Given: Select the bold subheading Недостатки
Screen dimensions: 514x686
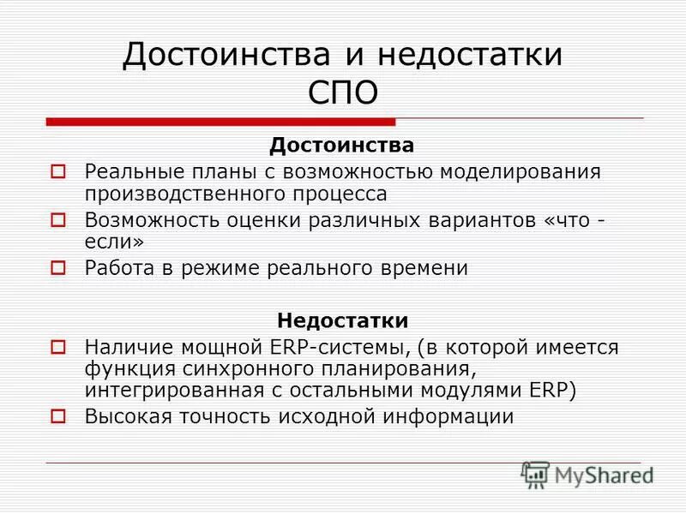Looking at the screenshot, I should [342, 320].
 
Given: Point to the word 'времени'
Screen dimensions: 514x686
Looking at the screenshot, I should [425, 267].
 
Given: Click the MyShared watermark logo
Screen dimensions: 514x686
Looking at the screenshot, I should [587, 474].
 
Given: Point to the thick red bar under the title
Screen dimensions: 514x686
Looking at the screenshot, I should [220, 122].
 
